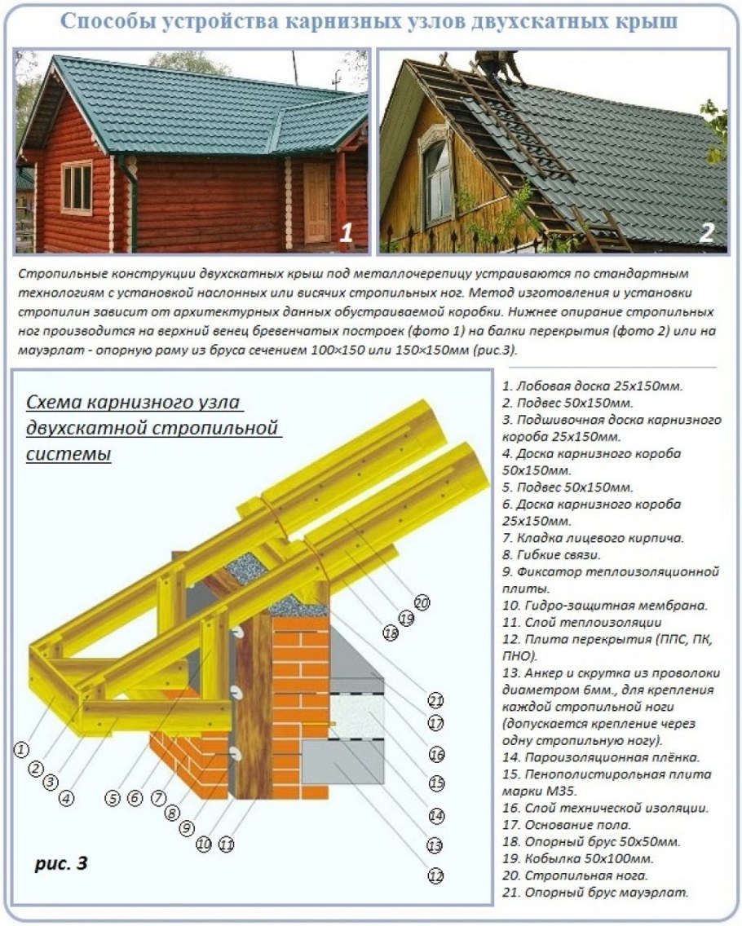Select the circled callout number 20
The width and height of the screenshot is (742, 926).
pos(422,603)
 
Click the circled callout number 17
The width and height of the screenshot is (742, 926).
pos(436,722)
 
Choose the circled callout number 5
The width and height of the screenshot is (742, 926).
pos(113,798)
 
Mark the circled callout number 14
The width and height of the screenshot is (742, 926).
pos(435,814)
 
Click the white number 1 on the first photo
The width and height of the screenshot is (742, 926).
pos(346,234)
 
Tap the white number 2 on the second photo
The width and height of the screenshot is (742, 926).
pos(707,234)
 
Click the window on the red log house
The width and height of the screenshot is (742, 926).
pos(77,187)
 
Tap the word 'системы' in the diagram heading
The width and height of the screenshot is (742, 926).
pos(69,454)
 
